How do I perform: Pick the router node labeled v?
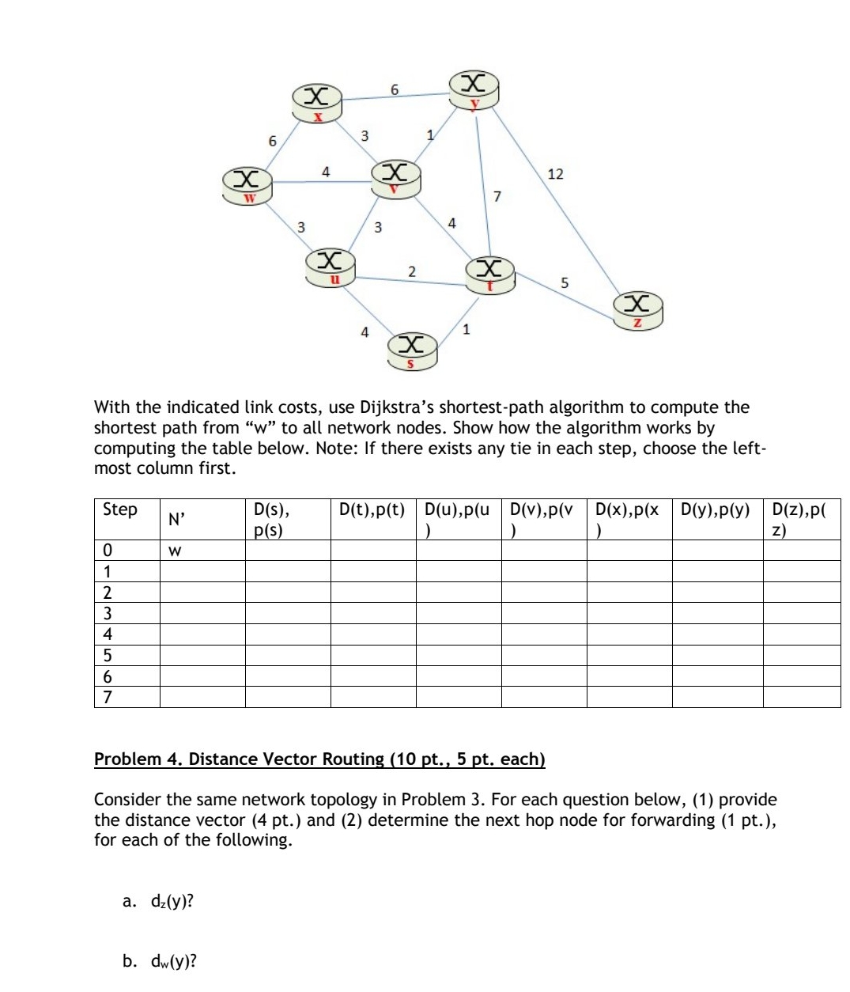395,178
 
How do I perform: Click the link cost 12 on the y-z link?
555,173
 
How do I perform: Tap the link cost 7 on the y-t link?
497,195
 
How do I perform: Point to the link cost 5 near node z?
565,282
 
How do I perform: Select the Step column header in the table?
120,510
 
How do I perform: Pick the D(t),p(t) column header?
372,510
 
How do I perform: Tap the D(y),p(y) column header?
716,510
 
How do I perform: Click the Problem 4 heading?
319,759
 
